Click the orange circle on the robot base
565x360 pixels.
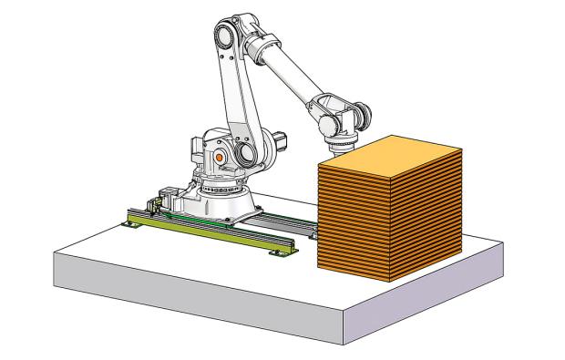[219, 157]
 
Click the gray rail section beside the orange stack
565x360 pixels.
[292, 224]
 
